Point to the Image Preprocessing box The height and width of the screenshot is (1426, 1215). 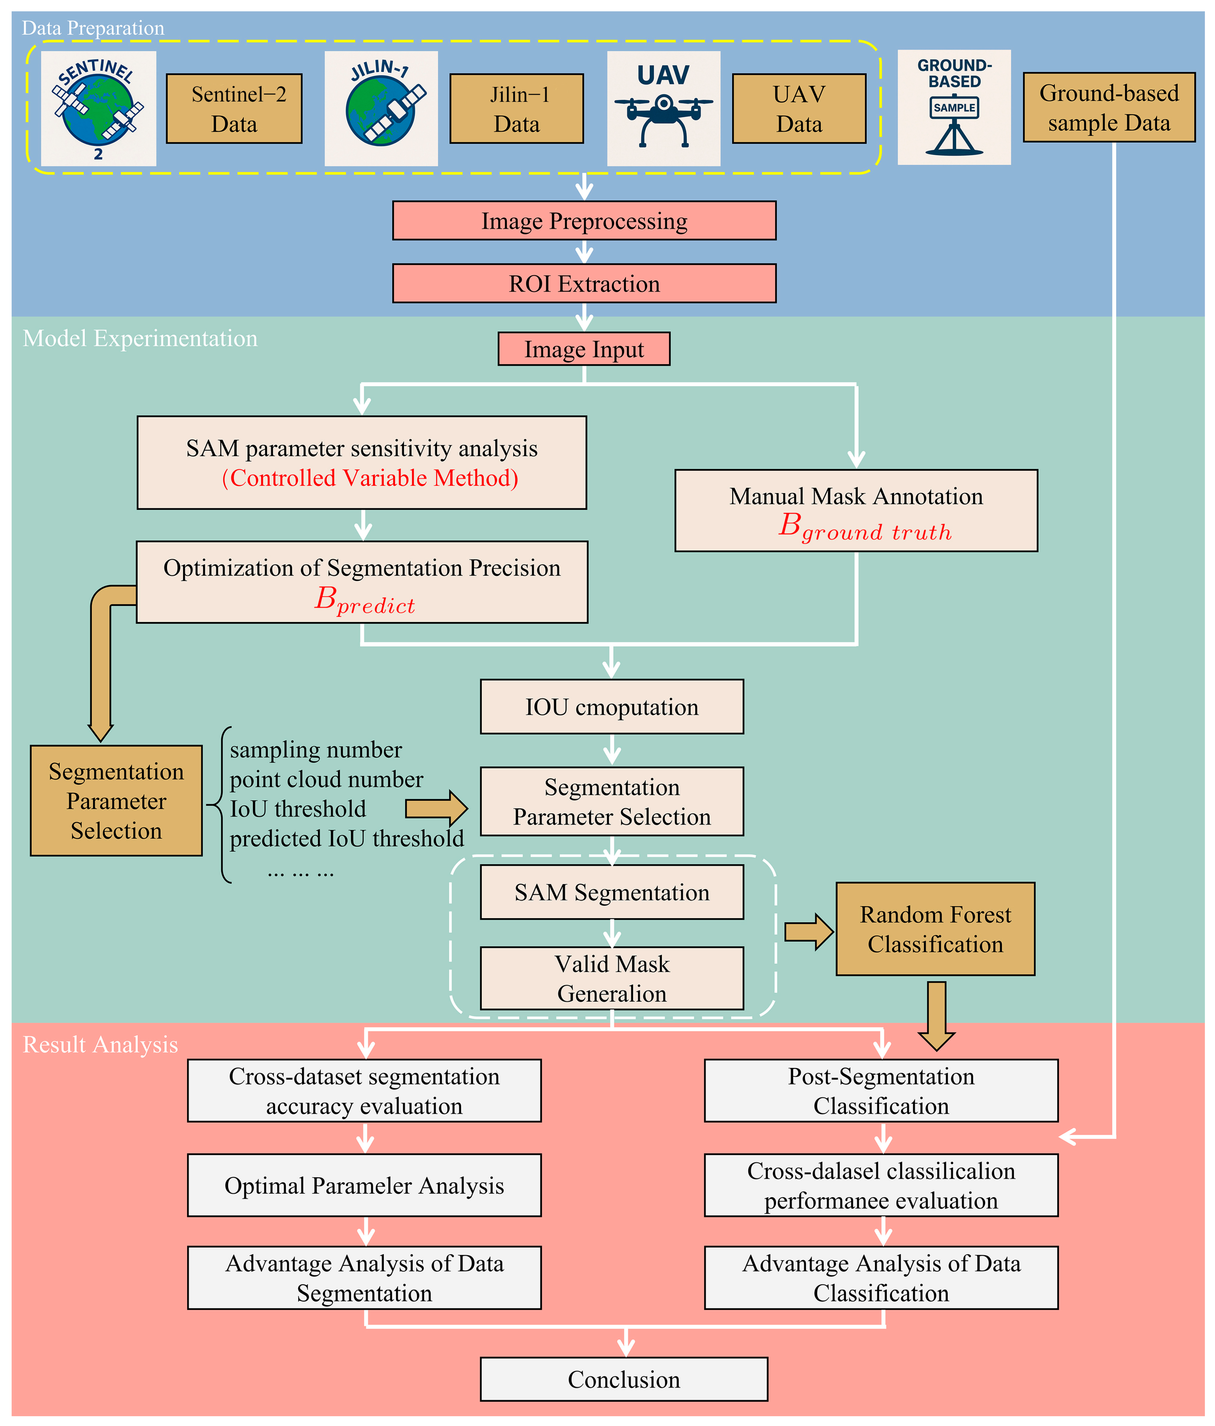pyautogui.click(x=584, y=221)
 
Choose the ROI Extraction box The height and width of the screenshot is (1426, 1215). pyautogui.click(x=584, y=284)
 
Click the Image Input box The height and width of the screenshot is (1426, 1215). pyautogui.click(x=584, y=349)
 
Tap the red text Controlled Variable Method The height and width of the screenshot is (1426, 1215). pyautogui.click(x=370, y=478)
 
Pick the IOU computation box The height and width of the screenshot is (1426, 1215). pyautogui.click(x=611, y=707)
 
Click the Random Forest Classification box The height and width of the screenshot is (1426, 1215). pyautogui.click(x=935, y=929)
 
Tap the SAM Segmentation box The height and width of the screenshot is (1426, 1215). pyautogui.click(x=611, y=892)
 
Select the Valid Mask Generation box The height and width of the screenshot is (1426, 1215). pyautogui.click(x=611, y=978)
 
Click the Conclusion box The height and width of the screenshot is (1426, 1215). pyautogui.click(x=624, y=1379)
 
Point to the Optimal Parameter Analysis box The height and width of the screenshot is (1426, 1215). pyautogui.click(x=364, y=1185)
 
